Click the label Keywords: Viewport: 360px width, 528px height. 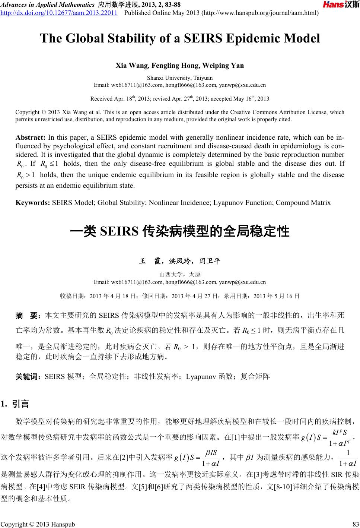coord(33,203)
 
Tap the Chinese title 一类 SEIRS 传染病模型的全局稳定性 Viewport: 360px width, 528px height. coord(180,231)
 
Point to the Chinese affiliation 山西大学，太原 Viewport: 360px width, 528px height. coord(180,275)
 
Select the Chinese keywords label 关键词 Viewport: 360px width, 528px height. coord(28,377)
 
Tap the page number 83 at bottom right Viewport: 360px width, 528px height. coord(354,524)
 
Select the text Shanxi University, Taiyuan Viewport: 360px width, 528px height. coord(180,78)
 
